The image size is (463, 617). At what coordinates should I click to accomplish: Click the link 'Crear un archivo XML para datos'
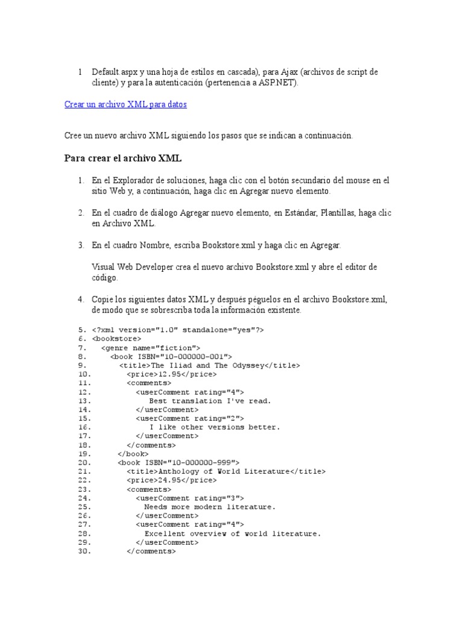pyautogui.click(x=125, y=104)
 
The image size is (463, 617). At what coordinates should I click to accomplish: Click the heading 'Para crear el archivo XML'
pyautogui.click(x=122, y=158)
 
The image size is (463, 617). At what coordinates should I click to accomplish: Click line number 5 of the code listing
pyautogui.click(x=83, y=330)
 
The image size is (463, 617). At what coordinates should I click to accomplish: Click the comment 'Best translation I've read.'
pyautogui.click(x=210, y=401)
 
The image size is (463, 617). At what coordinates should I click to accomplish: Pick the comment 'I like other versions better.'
pyautogui.click(x=215, y=427)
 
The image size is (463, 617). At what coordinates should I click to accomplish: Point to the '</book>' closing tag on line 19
pyautogui.click(x=133, y=454)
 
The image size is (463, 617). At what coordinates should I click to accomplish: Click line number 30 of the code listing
pyautogui.click(x=84, y=551)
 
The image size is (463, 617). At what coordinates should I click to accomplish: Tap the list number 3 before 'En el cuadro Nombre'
pyautogui.click(x=80, y=245)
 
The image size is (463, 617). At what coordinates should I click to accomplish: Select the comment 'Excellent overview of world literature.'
pyautogui.click(x=233, y=533)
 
